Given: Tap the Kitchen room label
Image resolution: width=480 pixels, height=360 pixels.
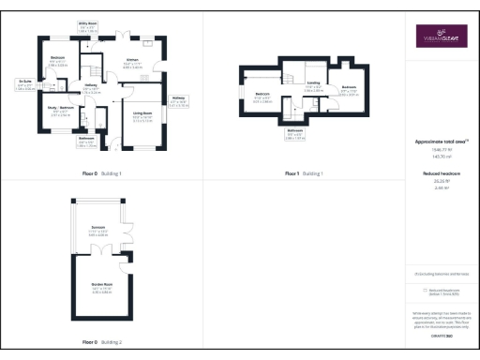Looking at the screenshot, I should tap(133, 63).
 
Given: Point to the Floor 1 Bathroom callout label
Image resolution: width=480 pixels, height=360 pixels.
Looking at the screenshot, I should tap(296, 132).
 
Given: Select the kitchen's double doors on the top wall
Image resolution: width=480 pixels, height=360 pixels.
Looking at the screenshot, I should tap(120, 37).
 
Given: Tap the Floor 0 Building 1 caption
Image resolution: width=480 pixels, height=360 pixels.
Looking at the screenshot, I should tap(101, 174).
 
